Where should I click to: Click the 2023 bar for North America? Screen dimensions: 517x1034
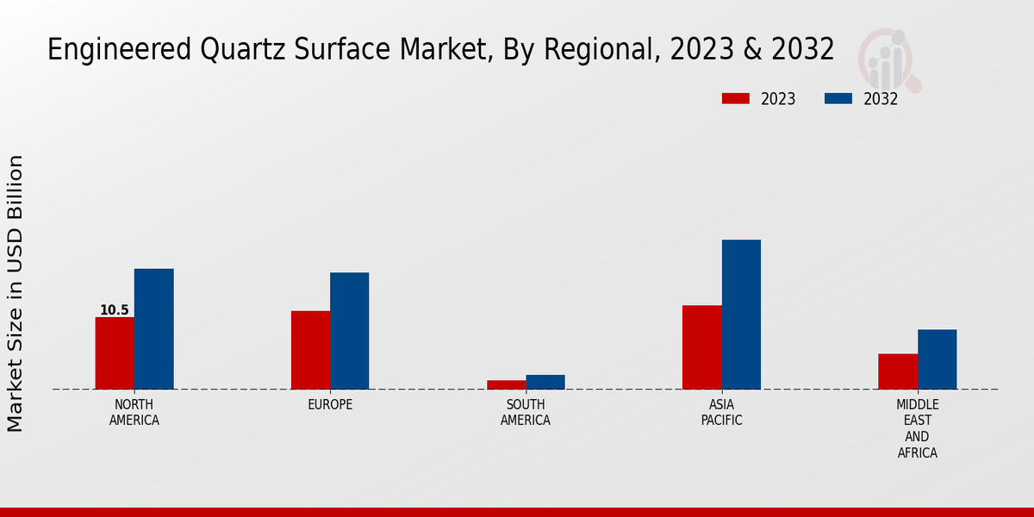(x=115, y=353)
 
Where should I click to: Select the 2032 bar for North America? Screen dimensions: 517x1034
(x=153, y=329)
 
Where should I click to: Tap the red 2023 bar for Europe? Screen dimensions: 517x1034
(x=310, y=350)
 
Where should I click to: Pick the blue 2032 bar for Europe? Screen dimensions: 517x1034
(x=349, y=331)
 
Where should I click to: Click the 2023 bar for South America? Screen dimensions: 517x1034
(x=506, y=384)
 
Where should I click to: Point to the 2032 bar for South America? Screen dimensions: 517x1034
(x=545, y=382)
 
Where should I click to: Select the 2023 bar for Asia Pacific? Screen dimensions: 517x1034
(x=701, y=347)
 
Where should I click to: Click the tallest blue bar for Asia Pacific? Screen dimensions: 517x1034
(x=741, y=315)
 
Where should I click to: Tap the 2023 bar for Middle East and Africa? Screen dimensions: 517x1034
(x=898, y=371)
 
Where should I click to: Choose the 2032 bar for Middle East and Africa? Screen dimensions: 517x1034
(x=937, y=359)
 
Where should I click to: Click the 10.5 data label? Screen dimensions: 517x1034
(x=115, y=310)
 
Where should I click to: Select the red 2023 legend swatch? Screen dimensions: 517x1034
(x=736, y=98)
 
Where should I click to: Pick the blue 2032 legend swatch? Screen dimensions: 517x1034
(x=838, y=98)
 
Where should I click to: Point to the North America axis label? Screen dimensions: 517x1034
(x=134, y=413)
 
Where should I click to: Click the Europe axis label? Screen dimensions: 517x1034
(x=330, y=405)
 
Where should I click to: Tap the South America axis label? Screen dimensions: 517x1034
(x=526, y=413)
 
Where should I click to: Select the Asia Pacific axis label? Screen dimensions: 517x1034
(x=721, y=413)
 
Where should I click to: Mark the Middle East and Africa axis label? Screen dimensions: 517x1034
(x=918, y=428)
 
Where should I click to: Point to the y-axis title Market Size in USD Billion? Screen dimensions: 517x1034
(x=16, y=293)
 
